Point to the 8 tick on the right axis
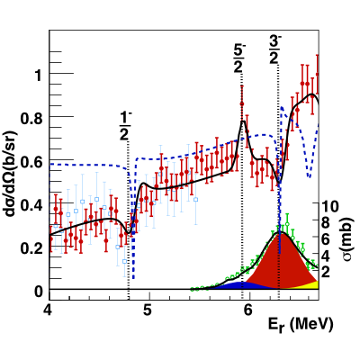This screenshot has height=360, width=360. [331, 222]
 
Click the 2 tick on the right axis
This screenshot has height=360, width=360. [331, 272]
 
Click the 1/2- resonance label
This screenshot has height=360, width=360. [129, 126]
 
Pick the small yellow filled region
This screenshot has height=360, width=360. [311, 284]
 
